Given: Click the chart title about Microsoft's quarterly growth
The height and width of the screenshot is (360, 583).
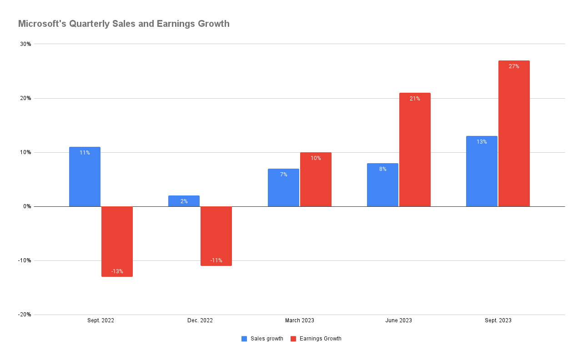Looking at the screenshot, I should tap(124, 24).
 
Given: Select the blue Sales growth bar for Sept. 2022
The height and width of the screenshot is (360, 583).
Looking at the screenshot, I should tap(85, 177).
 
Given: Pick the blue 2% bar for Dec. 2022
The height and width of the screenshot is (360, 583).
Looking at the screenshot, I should tap(184, 201).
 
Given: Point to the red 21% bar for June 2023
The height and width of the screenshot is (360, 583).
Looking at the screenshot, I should tap(415, 150).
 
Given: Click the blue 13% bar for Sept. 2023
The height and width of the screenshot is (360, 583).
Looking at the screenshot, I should tap(482, 172).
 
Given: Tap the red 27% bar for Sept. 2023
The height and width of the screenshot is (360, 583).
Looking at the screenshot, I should tap(514, 134).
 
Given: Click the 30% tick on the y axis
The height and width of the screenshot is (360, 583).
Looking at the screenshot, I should tap(25, 44).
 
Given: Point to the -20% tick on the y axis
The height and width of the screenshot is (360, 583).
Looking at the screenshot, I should tap(25, 315).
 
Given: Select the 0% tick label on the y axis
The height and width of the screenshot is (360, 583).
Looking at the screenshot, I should tap(27, 206).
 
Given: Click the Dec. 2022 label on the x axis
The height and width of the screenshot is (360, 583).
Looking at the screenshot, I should tap(200, 320).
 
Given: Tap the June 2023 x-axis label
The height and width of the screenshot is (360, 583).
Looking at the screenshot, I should tap(398, 320).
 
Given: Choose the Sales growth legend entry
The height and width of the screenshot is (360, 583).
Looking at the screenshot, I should tap(262, 339).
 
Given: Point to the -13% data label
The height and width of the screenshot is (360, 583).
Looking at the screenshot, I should tap(117, 271).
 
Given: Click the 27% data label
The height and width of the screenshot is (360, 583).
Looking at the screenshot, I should tap(514, 66).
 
